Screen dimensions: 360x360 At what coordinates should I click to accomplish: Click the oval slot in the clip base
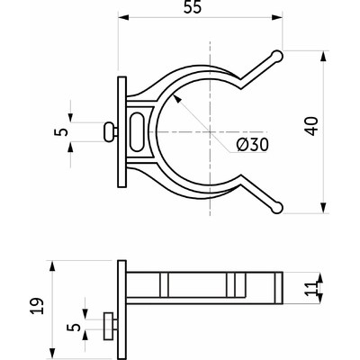coord(138,130)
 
